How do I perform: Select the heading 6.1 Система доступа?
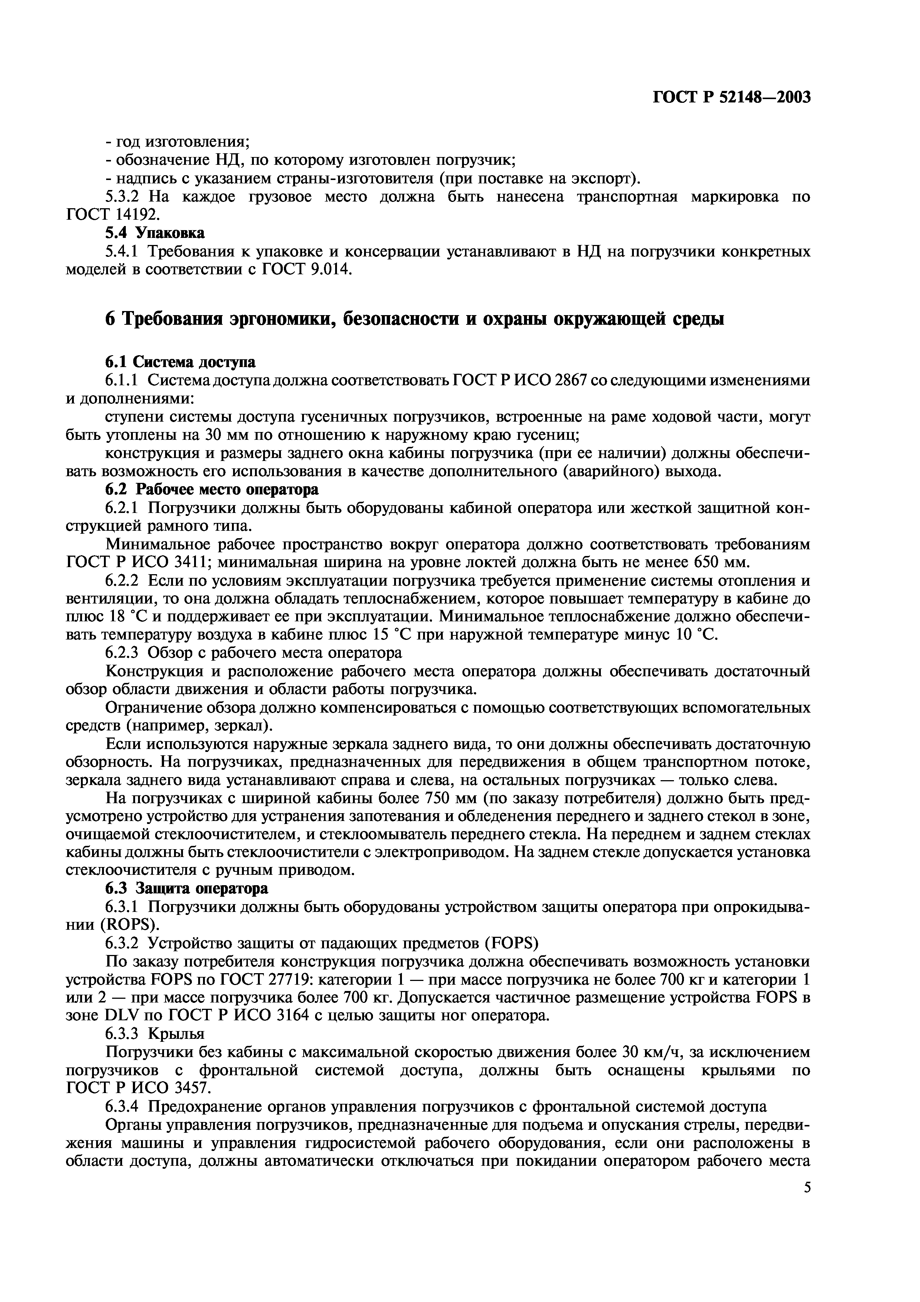tap(180, 362)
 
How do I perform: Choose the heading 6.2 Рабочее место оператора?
tap(212, 490)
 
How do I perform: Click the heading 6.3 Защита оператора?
tap(187, 889)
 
